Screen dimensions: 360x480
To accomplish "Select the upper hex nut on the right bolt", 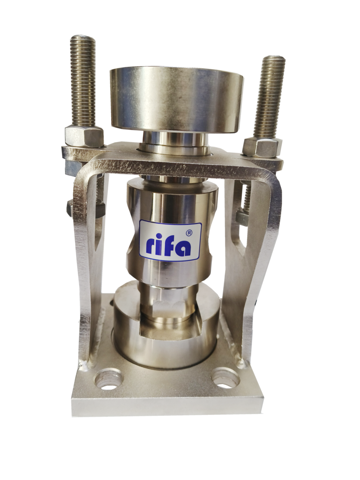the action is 262,148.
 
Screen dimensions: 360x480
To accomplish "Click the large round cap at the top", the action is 177,100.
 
